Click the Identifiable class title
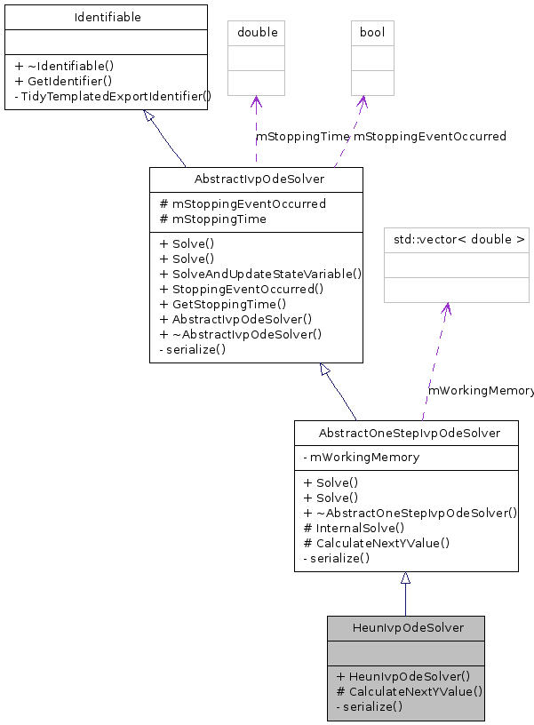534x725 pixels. pos(106,17)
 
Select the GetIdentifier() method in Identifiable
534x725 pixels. pos(63,80)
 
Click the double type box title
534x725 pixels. pos(257,33)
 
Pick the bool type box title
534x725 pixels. pos(371,33)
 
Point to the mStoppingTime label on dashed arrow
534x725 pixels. pos(303,137)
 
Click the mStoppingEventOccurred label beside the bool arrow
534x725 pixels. pos(430,137)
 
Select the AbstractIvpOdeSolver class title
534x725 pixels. pos(256,179)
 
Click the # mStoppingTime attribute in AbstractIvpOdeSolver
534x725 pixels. pos(212,219)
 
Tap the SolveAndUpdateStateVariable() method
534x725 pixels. pos(260,275)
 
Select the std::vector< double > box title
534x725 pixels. pos(456,239)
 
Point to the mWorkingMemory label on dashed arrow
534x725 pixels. pos(481,391)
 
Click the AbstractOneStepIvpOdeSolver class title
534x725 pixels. pos(406,434)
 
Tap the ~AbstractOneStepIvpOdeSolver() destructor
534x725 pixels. pos(410,514)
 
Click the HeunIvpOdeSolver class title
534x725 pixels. pos(406,628)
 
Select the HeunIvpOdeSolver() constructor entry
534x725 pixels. pos(403,676)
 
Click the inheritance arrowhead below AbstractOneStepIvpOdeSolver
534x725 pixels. pos(405,578)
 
